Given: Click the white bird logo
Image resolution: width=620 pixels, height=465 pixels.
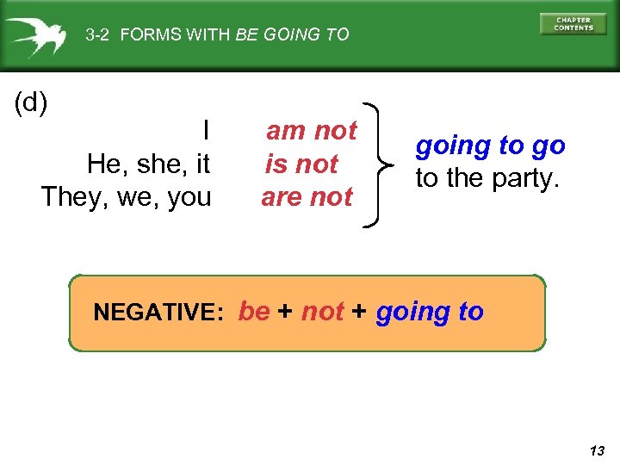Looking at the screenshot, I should (x=38, y=37).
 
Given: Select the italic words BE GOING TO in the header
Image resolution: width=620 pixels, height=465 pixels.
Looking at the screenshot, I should (x=292, y=35).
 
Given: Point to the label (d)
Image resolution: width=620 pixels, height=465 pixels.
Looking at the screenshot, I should (x=31, y=103).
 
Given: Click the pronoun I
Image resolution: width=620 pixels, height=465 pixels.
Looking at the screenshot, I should (x=206, y=131).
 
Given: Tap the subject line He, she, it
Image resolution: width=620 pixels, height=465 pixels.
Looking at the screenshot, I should (x=148, y=164).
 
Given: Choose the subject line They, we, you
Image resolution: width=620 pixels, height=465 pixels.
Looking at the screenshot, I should (x=127, y=196).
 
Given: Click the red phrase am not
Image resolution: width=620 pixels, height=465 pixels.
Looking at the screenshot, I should (x=311, y=131).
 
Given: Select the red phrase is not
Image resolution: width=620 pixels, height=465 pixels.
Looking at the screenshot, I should (x=301, y=164).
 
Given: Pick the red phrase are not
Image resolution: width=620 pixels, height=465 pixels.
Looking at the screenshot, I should (x=307, y=196).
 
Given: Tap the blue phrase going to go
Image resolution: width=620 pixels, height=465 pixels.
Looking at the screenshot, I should (x=490, y=146).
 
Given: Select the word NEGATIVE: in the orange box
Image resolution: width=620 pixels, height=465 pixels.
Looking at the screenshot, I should (x=158, y=312).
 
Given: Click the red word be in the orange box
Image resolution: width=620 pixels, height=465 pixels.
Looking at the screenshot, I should (x=254, y=311).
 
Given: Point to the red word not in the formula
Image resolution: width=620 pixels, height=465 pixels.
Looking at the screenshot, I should (x=323, y=311).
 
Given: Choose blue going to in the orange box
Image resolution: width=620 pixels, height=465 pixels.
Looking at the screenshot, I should (x=430, y=312).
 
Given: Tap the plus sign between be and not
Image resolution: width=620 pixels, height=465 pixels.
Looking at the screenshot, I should (x=286, y=312).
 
